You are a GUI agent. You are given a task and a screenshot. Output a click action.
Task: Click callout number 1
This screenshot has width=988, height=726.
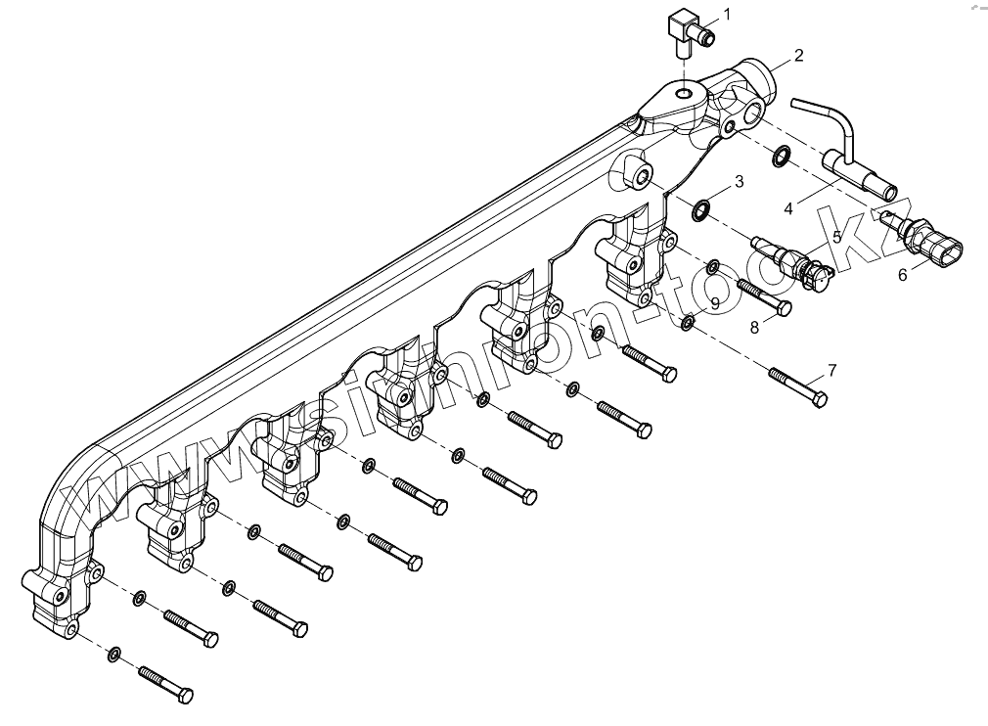(727, 14)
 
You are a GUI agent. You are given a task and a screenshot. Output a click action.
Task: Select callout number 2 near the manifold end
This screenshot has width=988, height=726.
(798, 56)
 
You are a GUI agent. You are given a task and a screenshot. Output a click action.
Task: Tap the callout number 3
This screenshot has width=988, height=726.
(739, 181)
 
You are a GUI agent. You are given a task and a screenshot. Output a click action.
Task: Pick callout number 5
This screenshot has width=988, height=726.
(836, 236)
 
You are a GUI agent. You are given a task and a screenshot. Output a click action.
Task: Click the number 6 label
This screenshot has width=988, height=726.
(903, 275)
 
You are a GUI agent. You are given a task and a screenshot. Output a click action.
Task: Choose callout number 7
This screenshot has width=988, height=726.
(831, 370)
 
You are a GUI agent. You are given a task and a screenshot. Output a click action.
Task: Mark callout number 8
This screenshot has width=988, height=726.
(754, 328)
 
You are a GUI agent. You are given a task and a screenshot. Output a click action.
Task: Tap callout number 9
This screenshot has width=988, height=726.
(715, 304)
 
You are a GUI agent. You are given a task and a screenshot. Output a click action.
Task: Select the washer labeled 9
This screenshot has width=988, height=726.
(688, 322)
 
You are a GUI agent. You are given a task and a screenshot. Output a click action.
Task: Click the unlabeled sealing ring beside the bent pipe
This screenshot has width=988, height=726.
(783, 155)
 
